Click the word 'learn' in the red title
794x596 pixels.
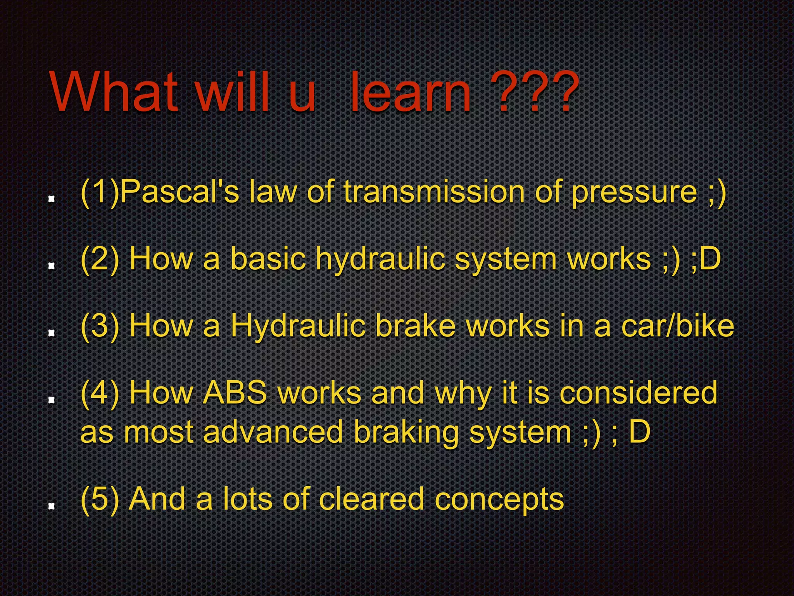411,93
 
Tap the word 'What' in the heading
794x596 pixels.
114,93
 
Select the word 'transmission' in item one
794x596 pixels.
434,192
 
